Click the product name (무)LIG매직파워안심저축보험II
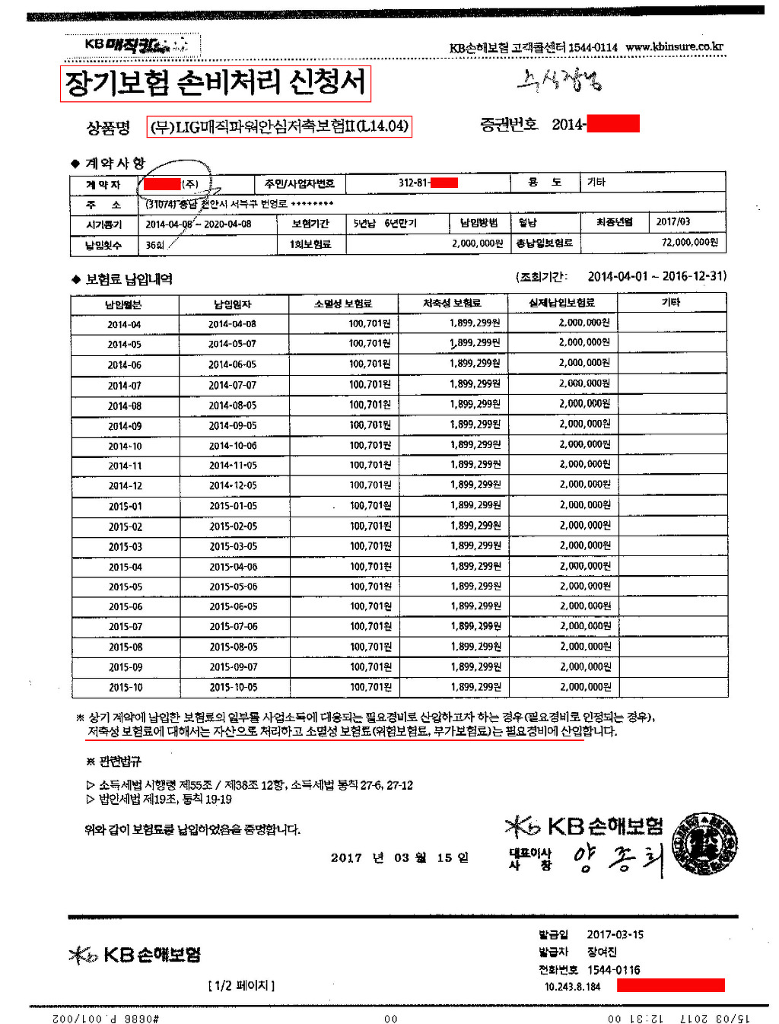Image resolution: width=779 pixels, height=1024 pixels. [279, 126]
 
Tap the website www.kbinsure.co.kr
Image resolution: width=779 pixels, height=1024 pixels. [674, 46]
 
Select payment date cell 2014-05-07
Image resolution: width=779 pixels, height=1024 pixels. [233, 344]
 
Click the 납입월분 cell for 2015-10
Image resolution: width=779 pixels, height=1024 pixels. [125, 687]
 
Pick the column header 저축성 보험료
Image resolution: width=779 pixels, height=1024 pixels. [452, 304]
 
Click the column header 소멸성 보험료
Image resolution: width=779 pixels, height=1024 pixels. [342, 304]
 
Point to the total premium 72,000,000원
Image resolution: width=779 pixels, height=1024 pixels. [689, 243]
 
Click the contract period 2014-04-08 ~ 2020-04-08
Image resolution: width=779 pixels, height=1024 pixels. [199, 224]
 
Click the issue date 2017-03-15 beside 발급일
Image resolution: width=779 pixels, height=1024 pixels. [615, 934]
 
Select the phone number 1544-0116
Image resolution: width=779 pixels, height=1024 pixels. [613, 970]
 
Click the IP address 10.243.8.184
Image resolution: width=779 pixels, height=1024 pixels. [572, 987]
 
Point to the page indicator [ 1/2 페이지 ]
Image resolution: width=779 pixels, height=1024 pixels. [241, 985]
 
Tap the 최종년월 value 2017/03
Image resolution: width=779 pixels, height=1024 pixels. [673, 222]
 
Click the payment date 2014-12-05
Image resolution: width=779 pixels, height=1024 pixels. [233, 485]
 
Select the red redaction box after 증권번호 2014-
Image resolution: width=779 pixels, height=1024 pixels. [612, 124]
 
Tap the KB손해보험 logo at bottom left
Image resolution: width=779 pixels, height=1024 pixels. [135, 955]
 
